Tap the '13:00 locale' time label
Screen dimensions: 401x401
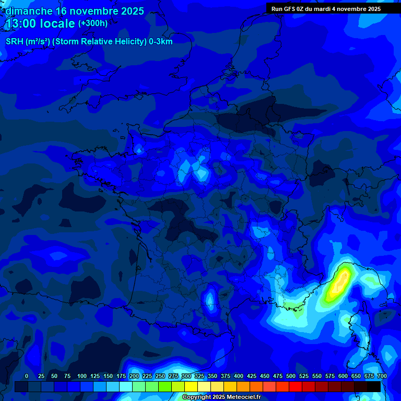coord(41,23)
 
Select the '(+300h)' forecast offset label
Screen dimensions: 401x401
coord(93,23)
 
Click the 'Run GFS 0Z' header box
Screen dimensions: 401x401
coord(326,9)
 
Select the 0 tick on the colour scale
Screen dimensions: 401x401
coord(27,376)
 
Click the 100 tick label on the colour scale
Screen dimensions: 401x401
coord(82,376)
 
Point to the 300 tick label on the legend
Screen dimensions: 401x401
coord(186,376)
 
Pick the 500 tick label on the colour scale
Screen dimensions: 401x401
coord(291,376)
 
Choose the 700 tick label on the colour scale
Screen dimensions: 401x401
coord(382,376)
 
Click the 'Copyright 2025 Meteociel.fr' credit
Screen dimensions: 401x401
coord(221,397)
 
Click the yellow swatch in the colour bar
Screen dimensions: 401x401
coord(191,386)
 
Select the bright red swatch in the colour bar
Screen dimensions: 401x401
coord(296,386)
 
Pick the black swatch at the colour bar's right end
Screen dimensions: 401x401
coord(374,386)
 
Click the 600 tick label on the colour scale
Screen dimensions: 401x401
coord(343,376)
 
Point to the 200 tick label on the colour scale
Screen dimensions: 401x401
coord(134,376)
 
